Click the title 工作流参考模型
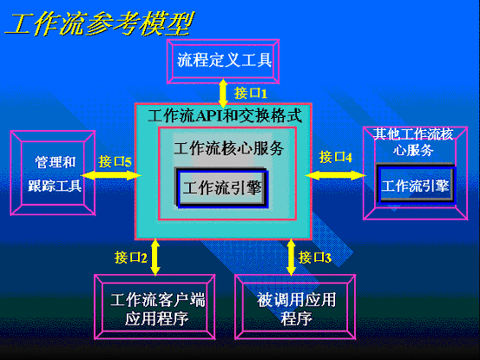[100, 23]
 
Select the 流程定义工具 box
[223, 62]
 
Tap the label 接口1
[251, 93]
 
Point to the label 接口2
[131, 258]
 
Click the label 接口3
[315, 258]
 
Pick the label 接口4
[336, 157]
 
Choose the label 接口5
[115, 161]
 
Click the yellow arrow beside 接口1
[223, 94]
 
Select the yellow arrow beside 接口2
[155, 257]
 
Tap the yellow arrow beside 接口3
[291, 257]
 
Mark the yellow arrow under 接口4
[336, 175]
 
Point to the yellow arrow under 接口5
[111, 175]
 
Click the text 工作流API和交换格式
[225, 116]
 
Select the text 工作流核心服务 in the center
[228, 148]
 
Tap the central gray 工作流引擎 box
[221, 187]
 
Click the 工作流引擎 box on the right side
[416, 185]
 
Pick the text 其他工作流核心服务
[413, 142]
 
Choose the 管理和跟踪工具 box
[53, 173]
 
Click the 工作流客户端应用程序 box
[155, 307]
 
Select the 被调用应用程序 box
[295, 307]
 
